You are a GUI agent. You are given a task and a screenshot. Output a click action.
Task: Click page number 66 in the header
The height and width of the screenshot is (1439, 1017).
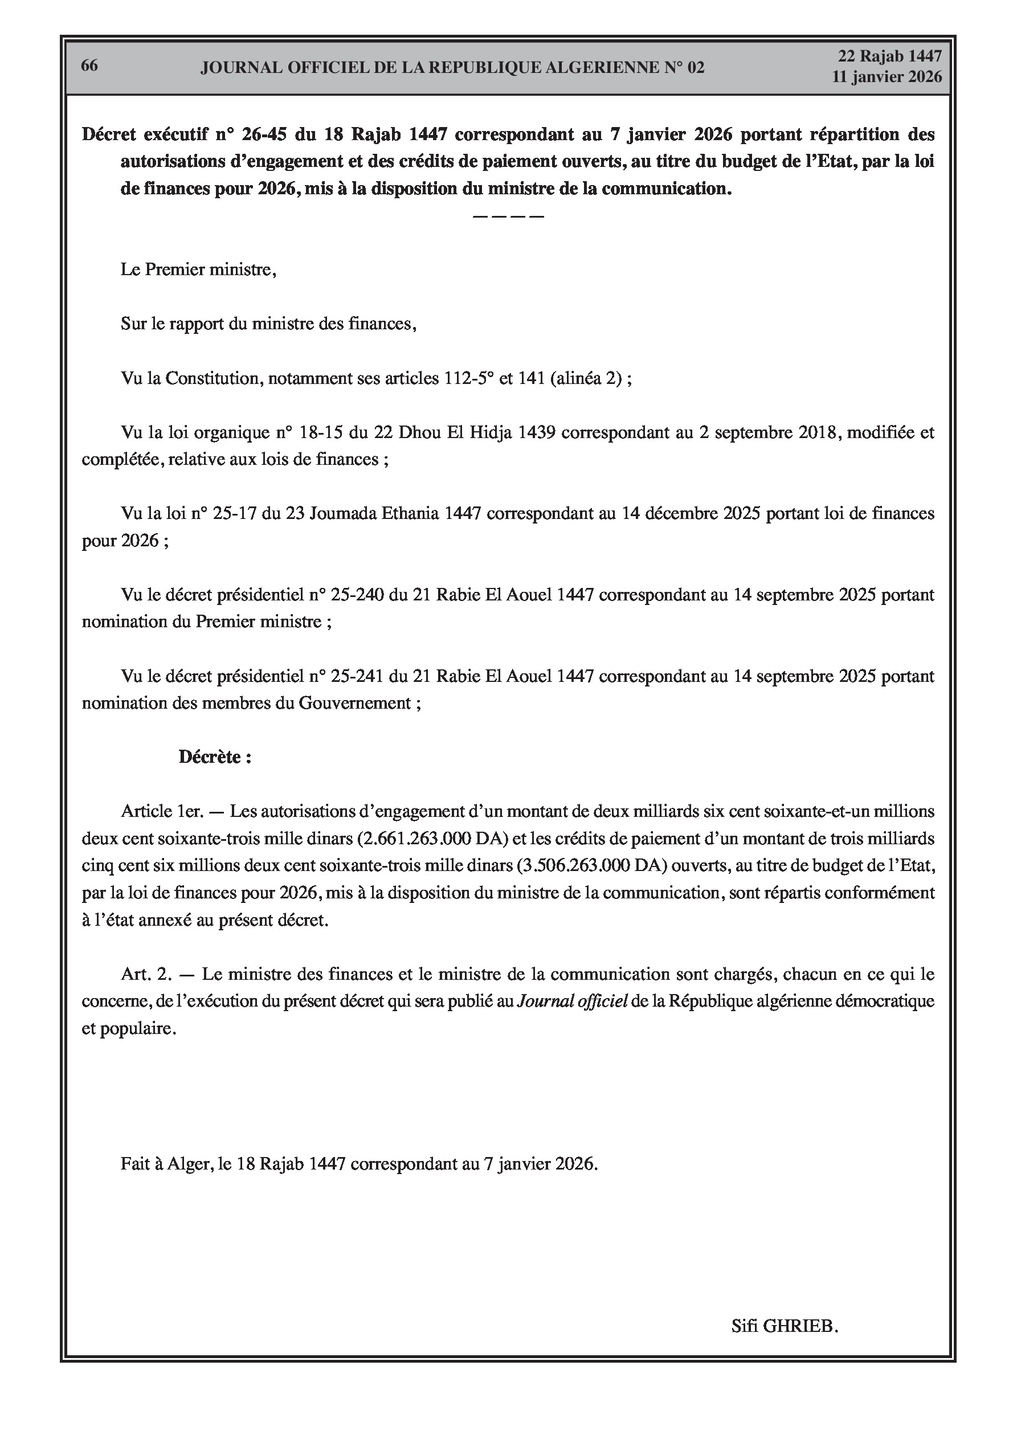(x=89, y=66)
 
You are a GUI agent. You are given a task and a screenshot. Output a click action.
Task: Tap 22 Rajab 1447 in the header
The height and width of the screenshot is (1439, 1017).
(x=890, y=56)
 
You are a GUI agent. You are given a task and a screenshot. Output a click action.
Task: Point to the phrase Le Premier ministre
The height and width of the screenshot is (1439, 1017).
(x=198, y=270)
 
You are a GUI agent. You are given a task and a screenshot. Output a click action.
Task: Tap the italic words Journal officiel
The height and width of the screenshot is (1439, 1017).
(x=572, y=1001)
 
